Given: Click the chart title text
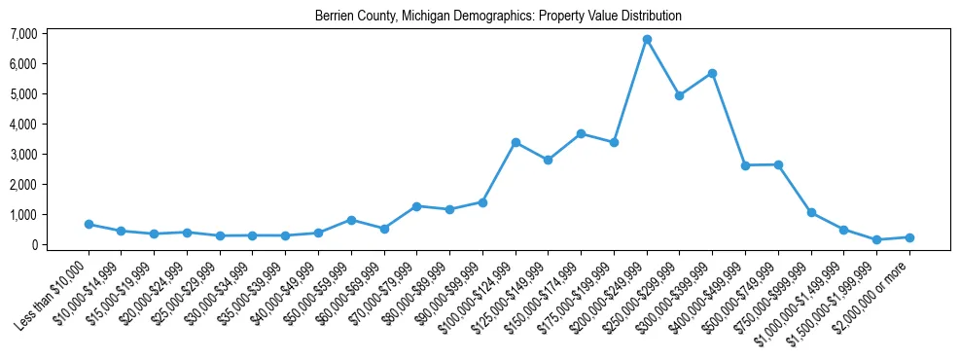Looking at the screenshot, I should pos(498,17).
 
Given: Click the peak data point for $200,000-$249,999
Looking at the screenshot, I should pos(647,40).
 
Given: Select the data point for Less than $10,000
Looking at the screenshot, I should pos(89,224).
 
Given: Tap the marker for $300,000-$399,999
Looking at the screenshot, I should pos(713,73).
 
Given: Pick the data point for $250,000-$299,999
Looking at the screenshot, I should pos(680,95).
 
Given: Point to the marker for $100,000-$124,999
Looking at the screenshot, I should pos(516,142).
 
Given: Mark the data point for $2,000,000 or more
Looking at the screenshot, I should pos(909,237).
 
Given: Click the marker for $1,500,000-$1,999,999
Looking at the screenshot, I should pos(876,239).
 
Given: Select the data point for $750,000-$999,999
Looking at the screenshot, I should pos(811,212).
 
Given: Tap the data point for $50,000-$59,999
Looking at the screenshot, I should pos(351,220).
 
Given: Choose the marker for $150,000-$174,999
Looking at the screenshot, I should pos(581,133).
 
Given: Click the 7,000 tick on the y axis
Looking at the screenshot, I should pos(23,34).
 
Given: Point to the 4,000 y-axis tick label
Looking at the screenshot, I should pos(23,125).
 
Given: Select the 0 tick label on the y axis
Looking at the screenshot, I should pos(33,245).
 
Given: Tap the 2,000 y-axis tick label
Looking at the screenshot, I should pos(23,185).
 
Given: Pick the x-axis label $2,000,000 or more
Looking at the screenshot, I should pos(875,293).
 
